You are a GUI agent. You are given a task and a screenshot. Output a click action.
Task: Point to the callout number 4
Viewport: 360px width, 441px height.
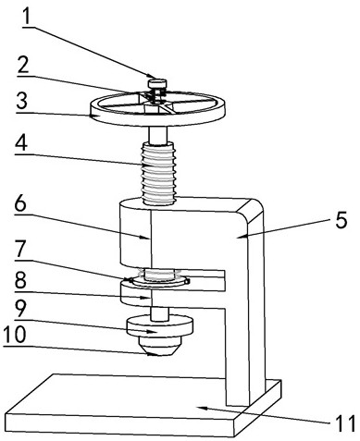pos(22,142)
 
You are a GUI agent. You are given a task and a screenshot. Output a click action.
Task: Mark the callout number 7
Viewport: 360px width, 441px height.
pos(22,249)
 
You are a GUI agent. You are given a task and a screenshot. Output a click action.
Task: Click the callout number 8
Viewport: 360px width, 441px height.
pos(20,279)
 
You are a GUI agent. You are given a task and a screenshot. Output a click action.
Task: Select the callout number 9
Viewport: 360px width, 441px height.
pos(21,309)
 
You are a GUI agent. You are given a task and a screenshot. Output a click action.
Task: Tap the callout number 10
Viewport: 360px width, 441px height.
pos(15,335)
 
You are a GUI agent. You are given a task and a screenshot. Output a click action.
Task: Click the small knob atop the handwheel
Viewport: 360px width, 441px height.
pos(157,83)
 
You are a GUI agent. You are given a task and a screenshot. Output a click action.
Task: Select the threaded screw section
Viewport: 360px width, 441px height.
pos(158,173)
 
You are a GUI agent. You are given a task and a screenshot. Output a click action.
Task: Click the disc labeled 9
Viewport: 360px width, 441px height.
pos(160,326)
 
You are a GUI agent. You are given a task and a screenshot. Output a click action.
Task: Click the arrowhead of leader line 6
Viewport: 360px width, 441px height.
pos(146,238)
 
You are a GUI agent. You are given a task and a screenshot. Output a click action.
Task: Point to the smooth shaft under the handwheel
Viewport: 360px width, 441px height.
pos(158,135)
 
